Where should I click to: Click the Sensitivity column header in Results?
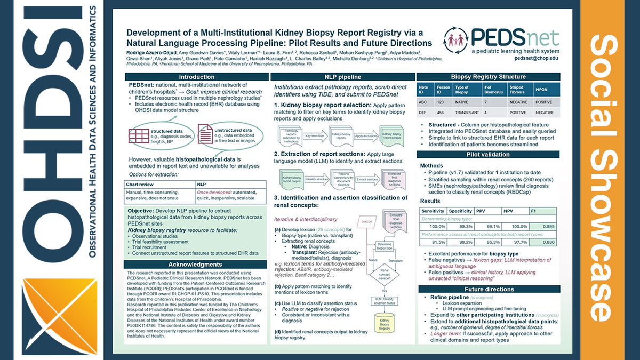[x=433, y=211]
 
